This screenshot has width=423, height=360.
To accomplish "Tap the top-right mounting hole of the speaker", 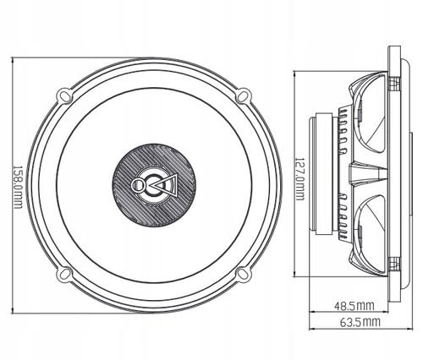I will click(241, 93).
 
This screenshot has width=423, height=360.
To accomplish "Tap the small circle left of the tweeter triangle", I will click(139, 183).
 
